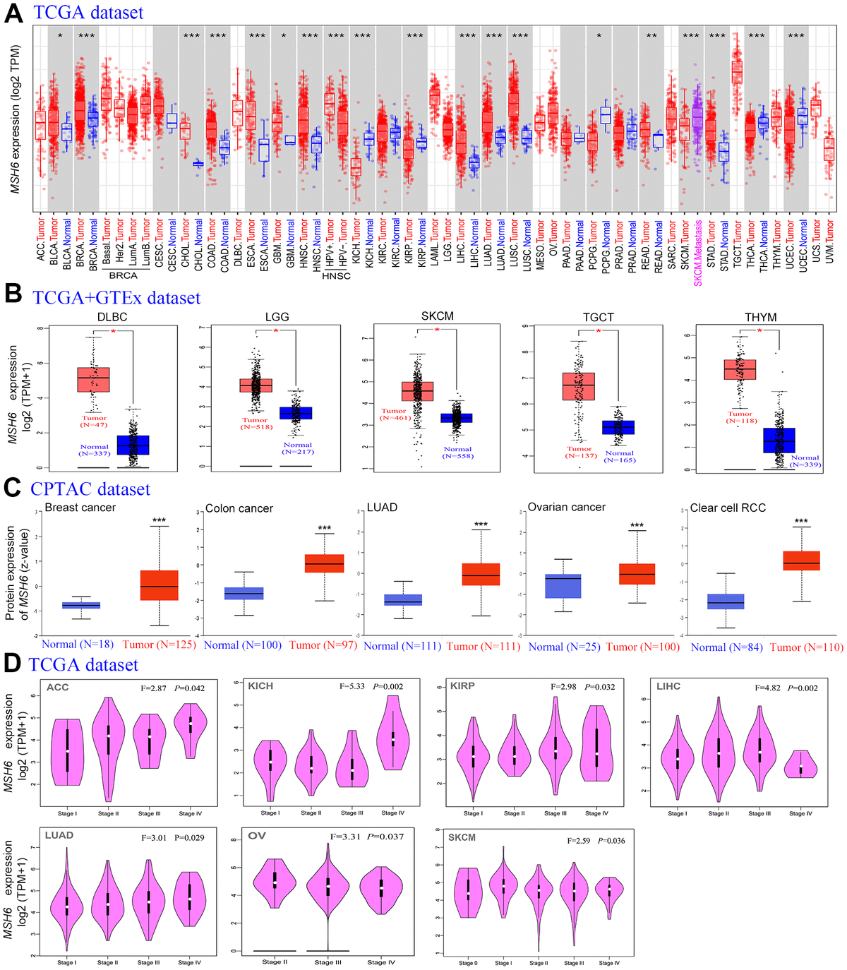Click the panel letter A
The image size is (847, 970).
tap(13, 13)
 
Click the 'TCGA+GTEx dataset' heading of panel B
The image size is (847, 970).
tap(116, 298)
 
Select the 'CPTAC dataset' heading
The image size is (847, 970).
tap(90, 489)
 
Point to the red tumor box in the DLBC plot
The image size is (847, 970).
tap(93, 379)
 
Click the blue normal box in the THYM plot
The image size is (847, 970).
tap(779, 441)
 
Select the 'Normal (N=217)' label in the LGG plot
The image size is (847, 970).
tap(298, 448)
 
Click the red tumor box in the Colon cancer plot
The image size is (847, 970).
tap(324, 563)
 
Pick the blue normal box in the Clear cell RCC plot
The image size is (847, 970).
tap(725, 601)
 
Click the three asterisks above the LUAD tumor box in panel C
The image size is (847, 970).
tap(481, 525)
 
